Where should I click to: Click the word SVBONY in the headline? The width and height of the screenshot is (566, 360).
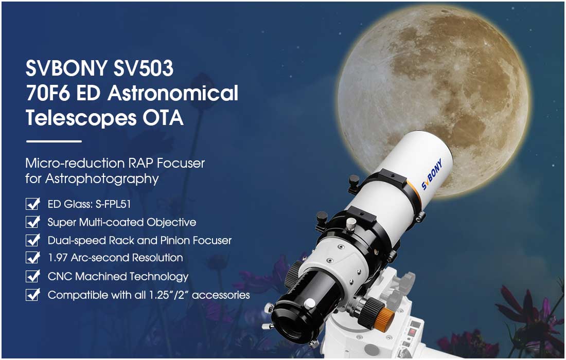click(x=66, y=68)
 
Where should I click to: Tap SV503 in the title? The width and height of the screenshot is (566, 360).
click(x=144, y=68)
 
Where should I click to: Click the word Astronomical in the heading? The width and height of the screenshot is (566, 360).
click(x=173, y=93)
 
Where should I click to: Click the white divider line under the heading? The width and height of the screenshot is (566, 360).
click(x=54, y=141)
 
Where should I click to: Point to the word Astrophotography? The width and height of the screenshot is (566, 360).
click(x=102, y=179)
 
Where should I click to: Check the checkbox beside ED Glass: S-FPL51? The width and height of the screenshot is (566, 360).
click(x=33, y=204)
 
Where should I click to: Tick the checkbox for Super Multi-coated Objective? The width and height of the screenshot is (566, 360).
click(x=33, y=222)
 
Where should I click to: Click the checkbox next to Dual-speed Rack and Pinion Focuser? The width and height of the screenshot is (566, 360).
click(x=33, y=240)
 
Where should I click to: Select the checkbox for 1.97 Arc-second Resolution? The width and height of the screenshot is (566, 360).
click(x=33, y=258)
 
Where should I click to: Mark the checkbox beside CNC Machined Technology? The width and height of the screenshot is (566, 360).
click(x=33, y=276)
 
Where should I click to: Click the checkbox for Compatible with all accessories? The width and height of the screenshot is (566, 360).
click(x=33, y=295)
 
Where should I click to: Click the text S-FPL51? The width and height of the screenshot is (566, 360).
click(x=113, y=204)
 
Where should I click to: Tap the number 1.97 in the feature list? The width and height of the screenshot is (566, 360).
click(x=58, y=258)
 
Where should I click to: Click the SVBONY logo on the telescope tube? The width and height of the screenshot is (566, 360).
click(x=432, y=174)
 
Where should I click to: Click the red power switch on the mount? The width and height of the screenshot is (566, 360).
click(x=412, y=331)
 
